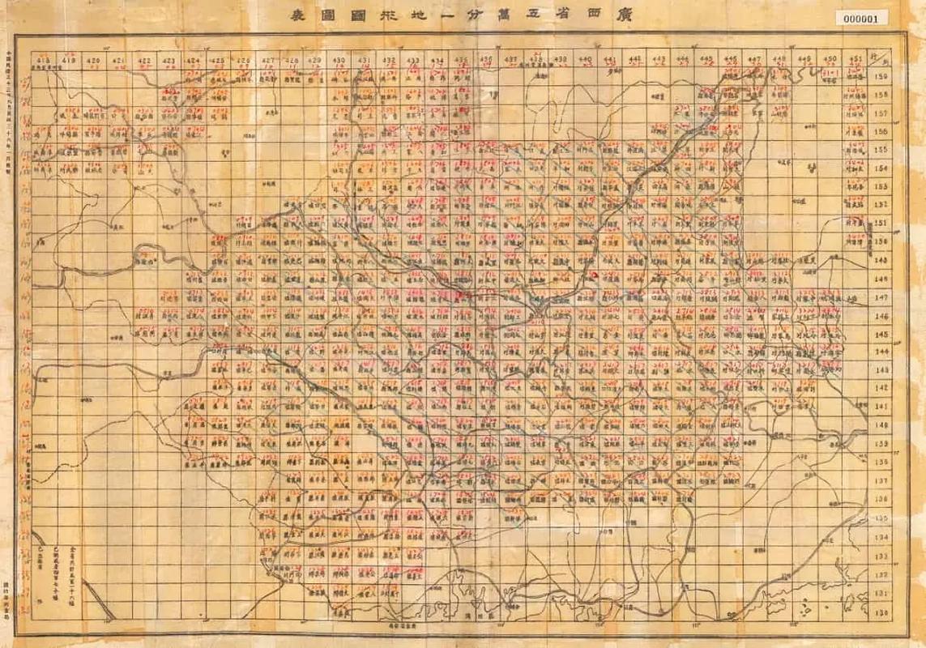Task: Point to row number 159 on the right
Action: pos(882,78)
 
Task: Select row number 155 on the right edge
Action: pos(882,150)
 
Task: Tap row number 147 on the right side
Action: pos(882,297)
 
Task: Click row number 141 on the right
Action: pos(882,407)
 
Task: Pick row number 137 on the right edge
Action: pos(882,480)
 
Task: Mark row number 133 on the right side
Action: pos(882,556)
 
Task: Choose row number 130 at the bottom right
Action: pos(882,613)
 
